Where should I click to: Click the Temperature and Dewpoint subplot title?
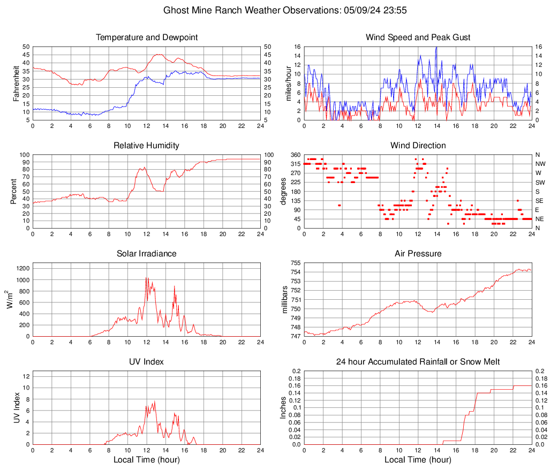click(x=146, y=37)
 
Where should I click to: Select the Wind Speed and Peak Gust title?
click(x=418, y=37)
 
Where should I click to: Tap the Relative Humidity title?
click(x=146, y=146)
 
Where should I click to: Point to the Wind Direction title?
click(x=418, y=146)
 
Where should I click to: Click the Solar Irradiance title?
click(x=146, y=254)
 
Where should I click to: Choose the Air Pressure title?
click(x=418, y=254)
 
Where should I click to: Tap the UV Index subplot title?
click(x=146, y=362)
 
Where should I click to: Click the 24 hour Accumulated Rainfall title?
click(x=418, y=362)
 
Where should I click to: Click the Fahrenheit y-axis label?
click(x=17, y=83)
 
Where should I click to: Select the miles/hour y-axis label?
click(x=288, y=83)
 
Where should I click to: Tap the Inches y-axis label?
click(x=284, y=407)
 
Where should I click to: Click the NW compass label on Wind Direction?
click(x=540, y=164)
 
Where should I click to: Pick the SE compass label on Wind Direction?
click(x=540, y=201)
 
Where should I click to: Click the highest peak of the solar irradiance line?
click(x=146, y=277)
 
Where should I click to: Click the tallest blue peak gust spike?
click(x=436, y=47)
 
